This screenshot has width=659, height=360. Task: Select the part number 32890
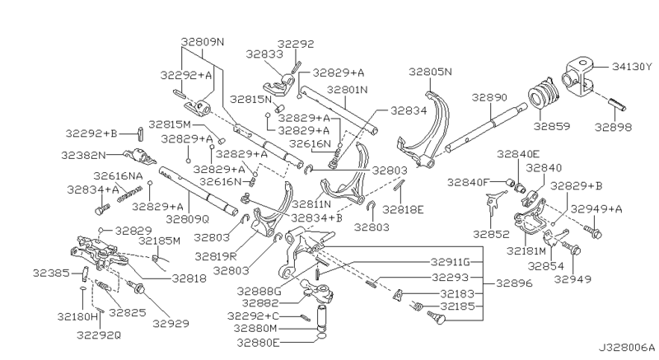[x=489, y=96]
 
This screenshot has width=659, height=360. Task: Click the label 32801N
[x=346, y=89]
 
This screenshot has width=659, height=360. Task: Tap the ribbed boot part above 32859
[x=541, y=96]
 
